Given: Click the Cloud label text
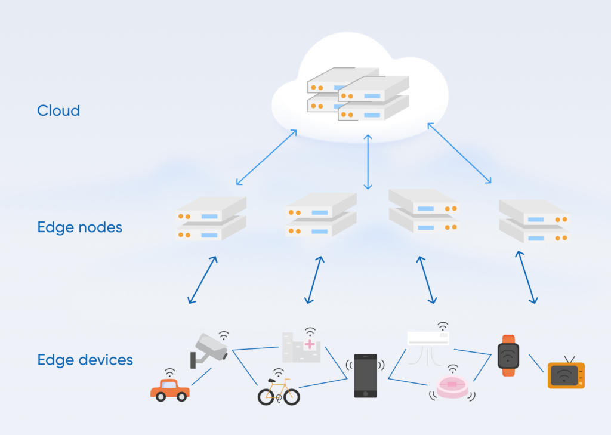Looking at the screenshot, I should pos(58,110).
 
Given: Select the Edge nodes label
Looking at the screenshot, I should pos(79,227).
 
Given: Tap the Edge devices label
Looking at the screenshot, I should pos(85,360).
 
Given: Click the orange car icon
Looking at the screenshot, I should pos(170,390).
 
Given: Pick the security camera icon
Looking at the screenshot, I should pos(209,350).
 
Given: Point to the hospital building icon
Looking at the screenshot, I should pos(301,349).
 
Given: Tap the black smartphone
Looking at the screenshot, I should pos(365,376).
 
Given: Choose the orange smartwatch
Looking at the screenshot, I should pos(508,356).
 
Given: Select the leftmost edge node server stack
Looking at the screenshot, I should pos(212,219).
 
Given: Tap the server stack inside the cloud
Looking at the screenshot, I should pos(358,97).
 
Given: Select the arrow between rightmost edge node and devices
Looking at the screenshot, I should pos(527,277).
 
